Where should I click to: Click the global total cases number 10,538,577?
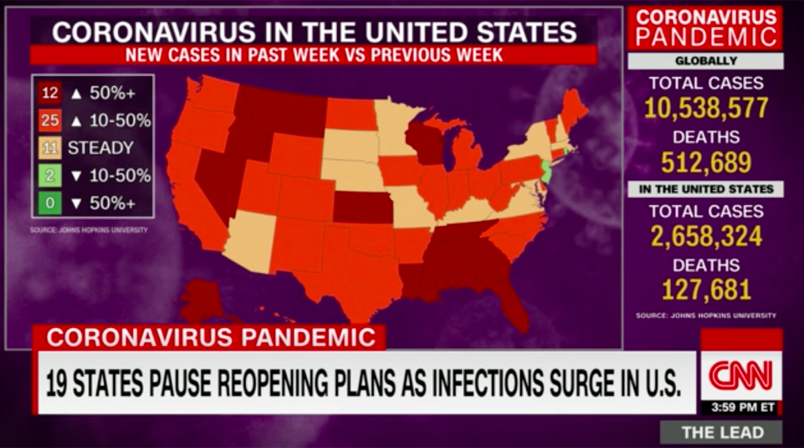click(706, 108)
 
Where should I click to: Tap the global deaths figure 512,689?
click(706, 162)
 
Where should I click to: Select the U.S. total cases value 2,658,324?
click(706, 236)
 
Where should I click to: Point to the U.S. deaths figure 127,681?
click(706, 290)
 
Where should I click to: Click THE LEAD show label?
click(721, 432)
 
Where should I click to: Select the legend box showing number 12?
click(50, 93)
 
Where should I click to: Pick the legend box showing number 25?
click(50, 121)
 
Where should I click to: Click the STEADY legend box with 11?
click(50, 148)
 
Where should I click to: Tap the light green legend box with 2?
click(50, 176)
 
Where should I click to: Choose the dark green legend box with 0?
click(50, 203)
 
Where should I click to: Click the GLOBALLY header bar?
click(706, 61)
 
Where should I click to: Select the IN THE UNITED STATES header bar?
click(706, 189)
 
